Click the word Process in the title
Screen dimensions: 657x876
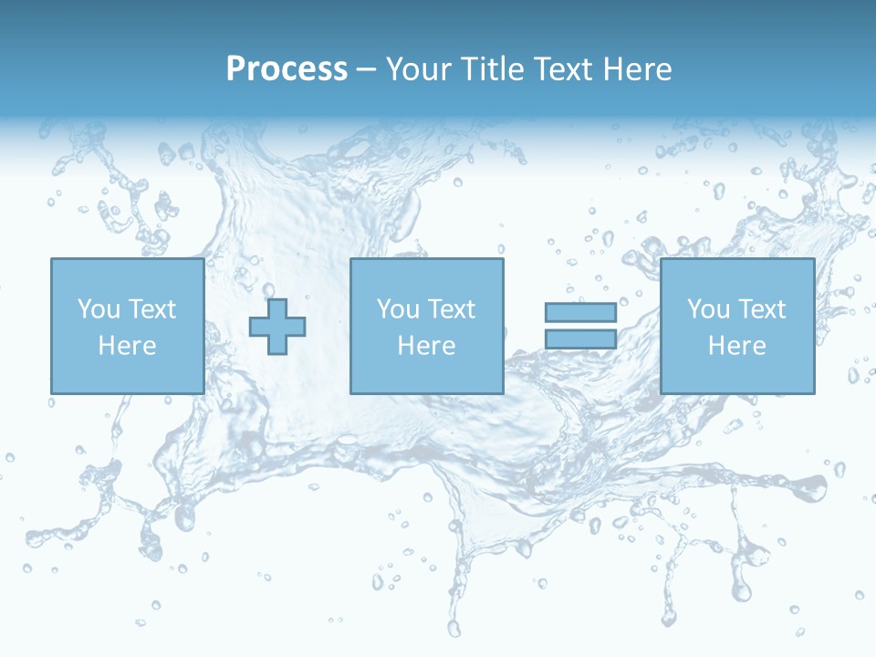pos(287,69)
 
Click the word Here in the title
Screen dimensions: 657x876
pos(639,69)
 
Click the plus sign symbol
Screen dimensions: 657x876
pos(277,327)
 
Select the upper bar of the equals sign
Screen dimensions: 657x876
pos(580,312)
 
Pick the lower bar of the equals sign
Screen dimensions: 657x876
pos(580,339)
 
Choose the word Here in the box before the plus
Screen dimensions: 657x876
pos(127,346)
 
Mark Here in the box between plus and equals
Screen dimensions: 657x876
pos(426,346)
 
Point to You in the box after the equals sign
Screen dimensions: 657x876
pos(708,309)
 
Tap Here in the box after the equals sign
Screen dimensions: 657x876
pos(736,346)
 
